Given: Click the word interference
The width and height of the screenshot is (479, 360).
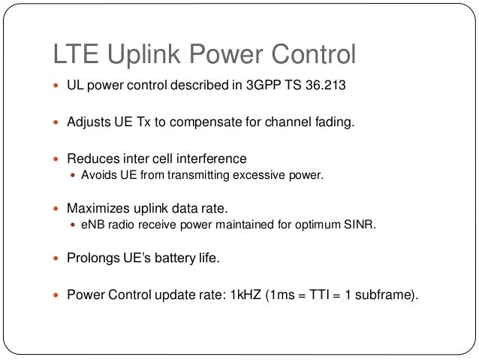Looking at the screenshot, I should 212,159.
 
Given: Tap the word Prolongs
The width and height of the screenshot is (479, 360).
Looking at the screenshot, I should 93,259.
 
